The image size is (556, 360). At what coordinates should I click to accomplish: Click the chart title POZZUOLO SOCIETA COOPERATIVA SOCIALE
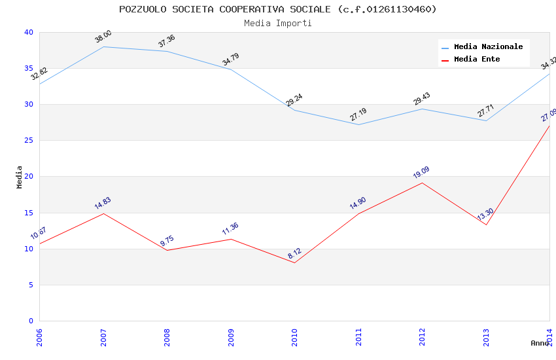(x=278, y=9)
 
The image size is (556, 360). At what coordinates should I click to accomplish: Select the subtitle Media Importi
(x=278, y=23)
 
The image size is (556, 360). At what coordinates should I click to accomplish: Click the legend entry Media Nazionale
(x=488, y=46)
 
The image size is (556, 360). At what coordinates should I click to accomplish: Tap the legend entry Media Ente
(x=477, y=59)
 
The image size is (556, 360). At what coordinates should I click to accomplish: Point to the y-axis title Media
(x=20, y=177)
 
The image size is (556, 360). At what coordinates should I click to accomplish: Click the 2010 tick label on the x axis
(x=295, y=336)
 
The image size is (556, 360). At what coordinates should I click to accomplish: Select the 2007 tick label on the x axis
(x=103, y=336)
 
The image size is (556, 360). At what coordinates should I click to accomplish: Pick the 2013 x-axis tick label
(x=486, y=336)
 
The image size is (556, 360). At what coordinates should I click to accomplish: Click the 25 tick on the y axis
(x=29, y=141)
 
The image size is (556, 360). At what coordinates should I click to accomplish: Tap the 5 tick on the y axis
(x=31, y=285)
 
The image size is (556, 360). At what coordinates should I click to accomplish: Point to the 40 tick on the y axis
(x=29, y=32)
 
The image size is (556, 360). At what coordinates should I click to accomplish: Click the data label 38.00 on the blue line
(x=103, y=38)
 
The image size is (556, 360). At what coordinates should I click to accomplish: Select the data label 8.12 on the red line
(x=294, y=254)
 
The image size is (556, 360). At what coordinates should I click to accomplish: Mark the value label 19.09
(x=421, y=173)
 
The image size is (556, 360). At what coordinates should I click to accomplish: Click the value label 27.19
(x=358, y=115)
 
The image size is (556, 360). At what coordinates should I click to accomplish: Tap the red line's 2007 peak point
(x=103, y=213)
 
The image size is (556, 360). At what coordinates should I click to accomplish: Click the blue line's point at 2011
(x=358, y=124)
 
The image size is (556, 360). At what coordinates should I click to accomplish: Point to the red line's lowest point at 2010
(x=294, y=262)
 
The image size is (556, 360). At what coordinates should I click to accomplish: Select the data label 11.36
(x=230, y=228)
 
